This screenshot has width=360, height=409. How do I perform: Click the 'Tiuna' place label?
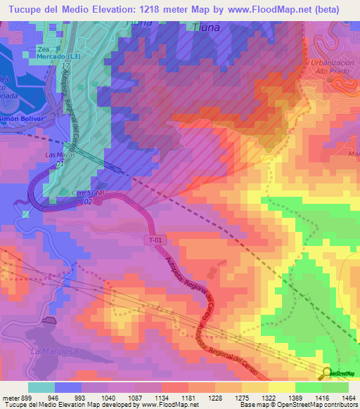[x=205, y=27]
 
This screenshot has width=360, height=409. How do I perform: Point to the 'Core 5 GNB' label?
[x=86, y=192]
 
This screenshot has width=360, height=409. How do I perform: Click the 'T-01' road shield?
[x=157, y=240]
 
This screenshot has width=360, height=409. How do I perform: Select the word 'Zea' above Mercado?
[x=46, y=48]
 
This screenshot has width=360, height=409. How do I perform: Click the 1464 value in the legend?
[x=349, y=396]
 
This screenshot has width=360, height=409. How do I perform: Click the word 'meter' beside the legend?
[x=9, y=396]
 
